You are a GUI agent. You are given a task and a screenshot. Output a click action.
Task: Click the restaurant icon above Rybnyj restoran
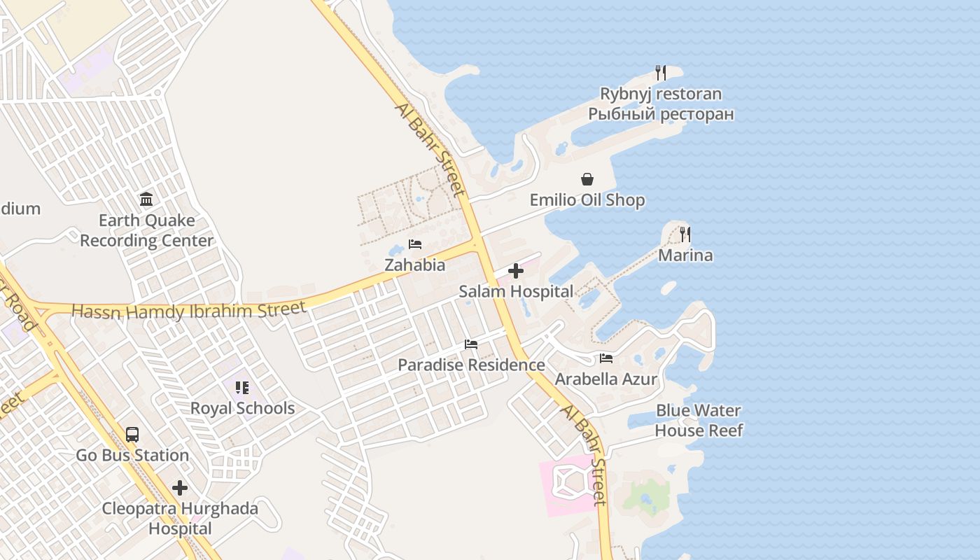click(x=660, y=72)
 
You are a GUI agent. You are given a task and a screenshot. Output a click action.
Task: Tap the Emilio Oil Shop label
click(x=587, y=200)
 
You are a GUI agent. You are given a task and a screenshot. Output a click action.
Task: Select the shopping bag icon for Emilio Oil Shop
click(x=587, y=180)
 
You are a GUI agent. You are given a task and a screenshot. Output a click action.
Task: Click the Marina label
click(x=685, y=255)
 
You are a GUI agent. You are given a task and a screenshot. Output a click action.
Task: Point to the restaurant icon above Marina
click(x=685, y=234)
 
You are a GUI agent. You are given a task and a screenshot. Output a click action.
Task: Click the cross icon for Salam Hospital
click(x=516, y=271)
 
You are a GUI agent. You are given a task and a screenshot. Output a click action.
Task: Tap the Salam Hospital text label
click(x=516, y=291)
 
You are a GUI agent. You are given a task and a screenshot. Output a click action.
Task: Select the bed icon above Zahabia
click(x=415, y=244)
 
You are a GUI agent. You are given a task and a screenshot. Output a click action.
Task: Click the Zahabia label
click(x=414, y=265)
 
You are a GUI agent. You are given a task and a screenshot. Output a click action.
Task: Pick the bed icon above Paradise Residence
click(x=471, y=344)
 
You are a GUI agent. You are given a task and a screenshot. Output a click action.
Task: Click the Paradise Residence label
click(x=471, y=365)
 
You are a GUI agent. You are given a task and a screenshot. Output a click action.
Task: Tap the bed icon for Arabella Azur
click(x=606, y=358)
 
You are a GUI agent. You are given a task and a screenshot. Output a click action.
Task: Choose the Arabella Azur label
click(x=606, y=379)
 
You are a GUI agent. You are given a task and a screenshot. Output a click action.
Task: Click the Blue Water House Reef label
click(x=699, y=420)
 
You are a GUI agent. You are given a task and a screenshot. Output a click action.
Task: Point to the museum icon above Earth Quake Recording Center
click(x=146, y=199)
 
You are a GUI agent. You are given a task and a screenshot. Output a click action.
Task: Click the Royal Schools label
click(x=242, y=408)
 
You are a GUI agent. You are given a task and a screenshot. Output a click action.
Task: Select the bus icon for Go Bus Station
click(x=132, y=435)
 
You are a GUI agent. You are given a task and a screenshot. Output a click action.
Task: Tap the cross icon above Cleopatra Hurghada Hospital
click(x=180, y=488)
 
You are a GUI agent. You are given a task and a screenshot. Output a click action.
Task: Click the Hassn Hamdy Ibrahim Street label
click(x=189, y=311)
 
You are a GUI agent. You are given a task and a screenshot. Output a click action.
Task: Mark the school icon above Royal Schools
click(x=242, y=387)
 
